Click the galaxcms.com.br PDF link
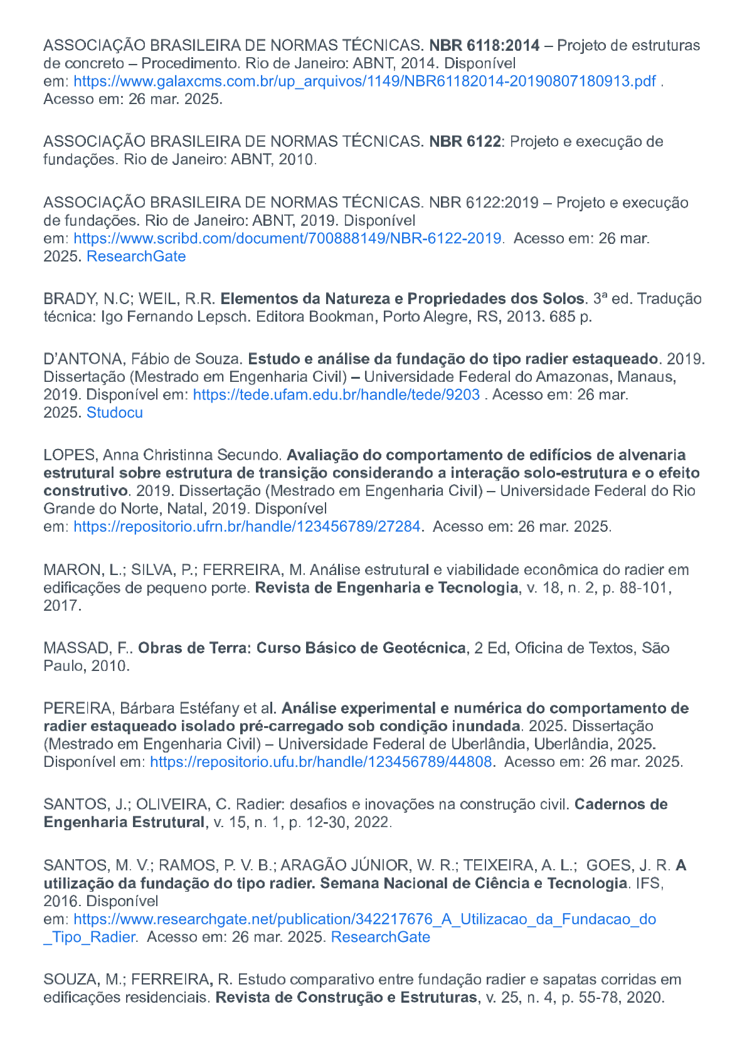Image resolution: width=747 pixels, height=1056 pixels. (x=364, y=81)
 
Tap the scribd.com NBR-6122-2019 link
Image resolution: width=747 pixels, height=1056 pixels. (x=287, y=238)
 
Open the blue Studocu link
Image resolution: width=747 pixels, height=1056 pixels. (x=115, y=413)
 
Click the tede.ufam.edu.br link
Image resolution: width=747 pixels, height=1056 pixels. (x=336, y=394)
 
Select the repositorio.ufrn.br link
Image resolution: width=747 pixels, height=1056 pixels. (x=247, y=526)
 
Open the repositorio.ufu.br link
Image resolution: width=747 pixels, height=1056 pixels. (x=321, y=762)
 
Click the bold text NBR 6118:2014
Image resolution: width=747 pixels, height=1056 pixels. (x=484, y=45)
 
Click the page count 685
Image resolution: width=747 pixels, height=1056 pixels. (x=562, y=317)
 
